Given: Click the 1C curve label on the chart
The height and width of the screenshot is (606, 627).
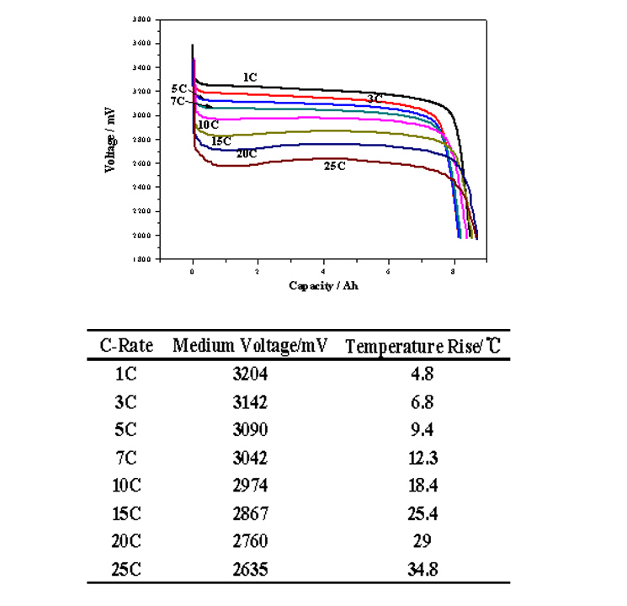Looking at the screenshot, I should [250, 77].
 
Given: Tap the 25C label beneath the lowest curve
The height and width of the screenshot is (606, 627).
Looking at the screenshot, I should [335, 166].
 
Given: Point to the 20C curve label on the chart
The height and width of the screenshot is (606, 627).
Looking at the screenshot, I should [246, 153].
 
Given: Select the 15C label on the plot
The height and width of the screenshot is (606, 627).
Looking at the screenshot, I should [221, 141].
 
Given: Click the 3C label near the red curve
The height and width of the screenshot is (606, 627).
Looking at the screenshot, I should [375, 98].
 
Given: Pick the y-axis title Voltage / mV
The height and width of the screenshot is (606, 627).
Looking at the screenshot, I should [110, 139].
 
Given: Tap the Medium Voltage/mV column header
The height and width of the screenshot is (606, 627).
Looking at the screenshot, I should [250, 345].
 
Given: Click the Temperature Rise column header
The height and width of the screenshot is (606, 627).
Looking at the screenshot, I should [424, 345].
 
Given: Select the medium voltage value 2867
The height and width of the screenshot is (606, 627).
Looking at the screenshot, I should [250, 513].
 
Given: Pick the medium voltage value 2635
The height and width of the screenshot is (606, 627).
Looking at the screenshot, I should [250, 569].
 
